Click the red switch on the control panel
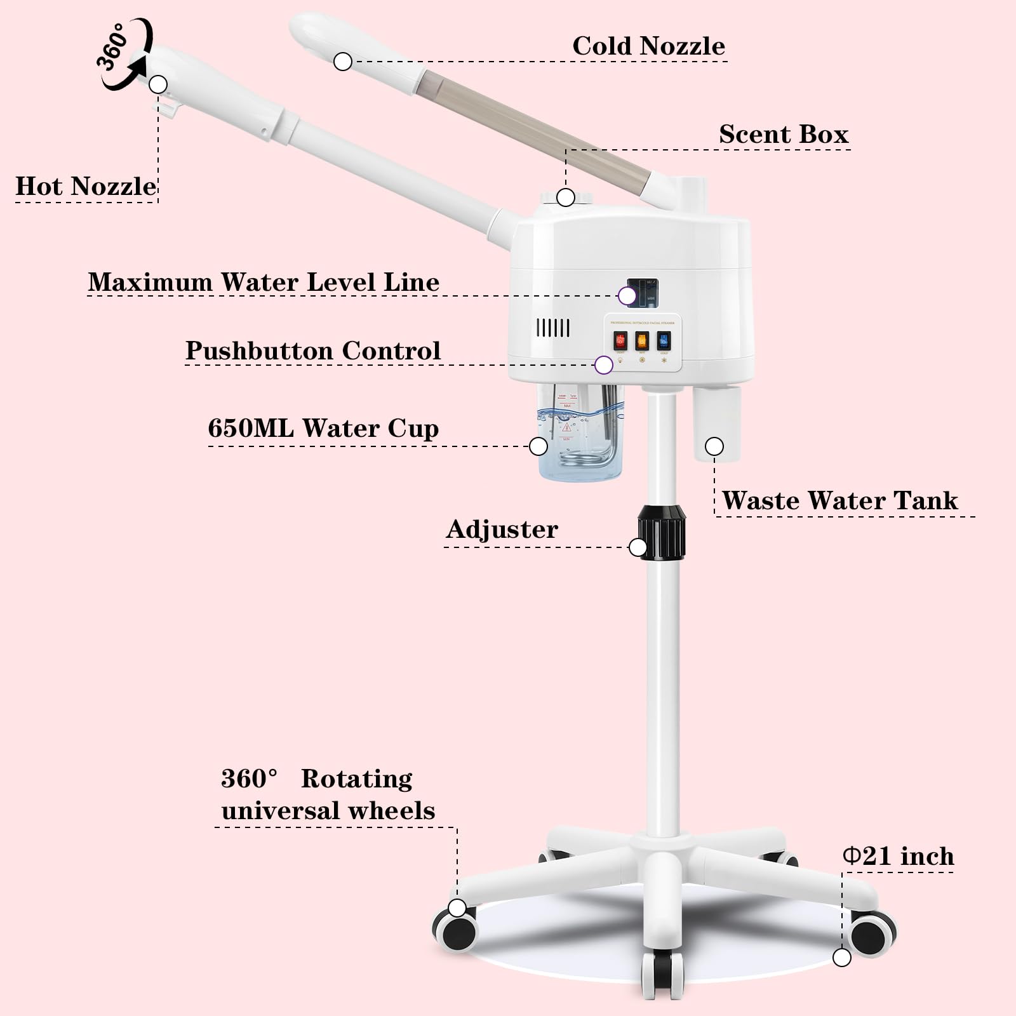coord(620,342)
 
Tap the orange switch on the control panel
coord(642,341)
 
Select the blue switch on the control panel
coord(664,341)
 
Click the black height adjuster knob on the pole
coord(662,532)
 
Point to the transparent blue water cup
coord(578,438)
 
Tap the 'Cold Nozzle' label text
coord(648,46)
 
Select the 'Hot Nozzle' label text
coord(86,186)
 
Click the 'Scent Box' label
coord(784,134)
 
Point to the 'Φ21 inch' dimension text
coord(899,856)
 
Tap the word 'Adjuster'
coord(502,529)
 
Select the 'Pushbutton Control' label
coord(312,351)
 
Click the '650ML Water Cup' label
coord(323,429)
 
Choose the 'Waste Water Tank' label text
coord(839,500)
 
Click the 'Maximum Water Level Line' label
coord(264,282)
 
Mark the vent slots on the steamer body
coord(552,328)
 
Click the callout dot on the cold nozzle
coord(343,62)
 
